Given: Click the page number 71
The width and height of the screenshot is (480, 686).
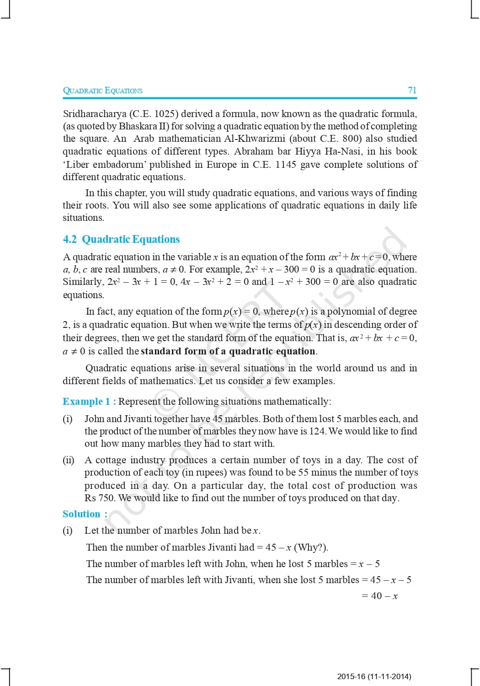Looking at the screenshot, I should [412, 90].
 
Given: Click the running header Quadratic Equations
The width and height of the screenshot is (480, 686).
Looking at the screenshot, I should [102, 90].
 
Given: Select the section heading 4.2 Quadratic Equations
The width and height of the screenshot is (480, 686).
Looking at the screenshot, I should [121, 239].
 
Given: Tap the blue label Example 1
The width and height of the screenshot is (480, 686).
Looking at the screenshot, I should [86, 402].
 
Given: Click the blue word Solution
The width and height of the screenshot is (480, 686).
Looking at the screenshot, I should [81, 514].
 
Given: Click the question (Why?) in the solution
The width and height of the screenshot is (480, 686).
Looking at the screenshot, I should [311, 547].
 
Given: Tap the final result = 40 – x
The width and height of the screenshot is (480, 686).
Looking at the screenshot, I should [379, 596].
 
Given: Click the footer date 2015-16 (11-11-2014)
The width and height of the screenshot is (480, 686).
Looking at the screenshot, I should [374, 676].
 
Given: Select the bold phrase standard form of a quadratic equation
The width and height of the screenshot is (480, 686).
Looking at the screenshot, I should [228, 351].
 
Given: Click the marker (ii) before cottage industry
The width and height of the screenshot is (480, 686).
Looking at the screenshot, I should [68, 460].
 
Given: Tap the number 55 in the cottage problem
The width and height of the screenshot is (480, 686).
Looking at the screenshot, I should [304, 472].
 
